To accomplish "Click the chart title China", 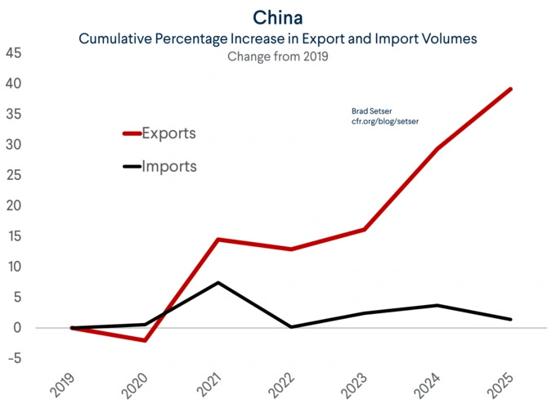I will [x=278, y=17].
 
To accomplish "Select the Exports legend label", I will [x=168, y=132].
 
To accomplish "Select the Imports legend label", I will [x=169, y=166].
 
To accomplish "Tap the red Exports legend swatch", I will [x=131, y=133].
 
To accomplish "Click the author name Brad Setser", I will [x=371, y=110].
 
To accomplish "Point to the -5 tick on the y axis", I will [x=14, y=358].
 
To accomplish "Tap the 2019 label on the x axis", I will [x=62, y=384].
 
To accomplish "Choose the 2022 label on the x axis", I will [x=280, y=384].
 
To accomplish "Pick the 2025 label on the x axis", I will [x=500, y=384].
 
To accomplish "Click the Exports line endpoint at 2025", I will [x=511, y=89].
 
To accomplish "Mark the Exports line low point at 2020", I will [x=146, y=340].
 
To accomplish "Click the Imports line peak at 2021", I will [x=218, y=283].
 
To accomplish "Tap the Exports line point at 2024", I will [x=438, y=149].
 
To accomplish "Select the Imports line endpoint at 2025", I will [x=511, y=319].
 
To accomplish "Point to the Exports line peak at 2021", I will [x=218, y=240].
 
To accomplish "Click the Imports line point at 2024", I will [x=438, y=305].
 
